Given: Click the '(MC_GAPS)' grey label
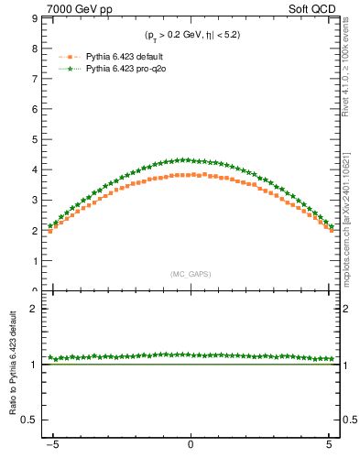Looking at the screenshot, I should (190, 274).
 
